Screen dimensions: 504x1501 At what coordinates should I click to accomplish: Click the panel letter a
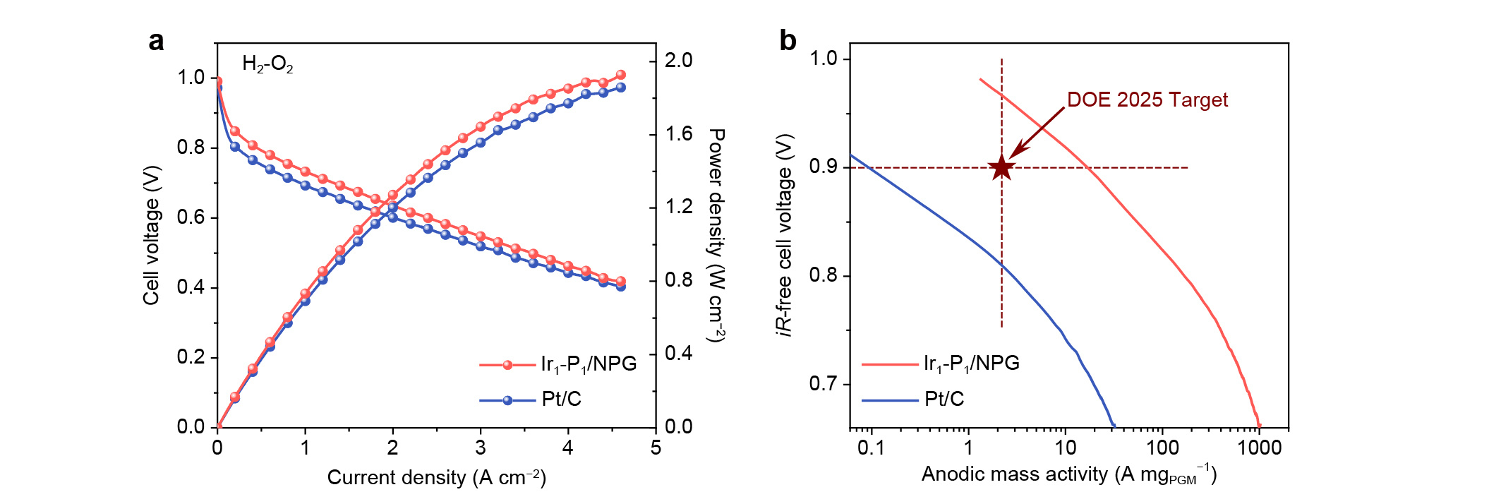coord(156,42)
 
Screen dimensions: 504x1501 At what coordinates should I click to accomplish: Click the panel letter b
coord(788,41)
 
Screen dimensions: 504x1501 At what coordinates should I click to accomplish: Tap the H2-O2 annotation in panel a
coord(267,64)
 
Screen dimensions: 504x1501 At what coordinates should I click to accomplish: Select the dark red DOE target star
coord(1001,167)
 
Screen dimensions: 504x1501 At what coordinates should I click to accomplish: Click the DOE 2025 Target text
coord(1147,100)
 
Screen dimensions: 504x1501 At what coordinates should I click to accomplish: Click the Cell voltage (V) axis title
coord(151,235)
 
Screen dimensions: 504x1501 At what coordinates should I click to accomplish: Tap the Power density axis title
coord(717,235)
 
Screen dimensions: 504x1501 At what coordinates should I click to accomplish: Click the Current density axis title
coord(436,478)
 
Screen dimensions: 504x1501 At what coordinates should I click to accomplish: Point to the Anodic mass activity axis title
coord(1068,474)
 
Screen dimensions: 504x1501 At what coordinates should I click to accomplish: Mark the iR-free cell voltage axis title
coord(785,235)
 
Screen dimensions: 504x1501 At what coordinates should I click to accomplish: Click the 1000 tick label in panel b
coord(1259,448)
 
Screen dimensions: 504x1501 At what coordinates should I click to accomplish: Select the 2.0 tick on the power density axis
coord(679,60)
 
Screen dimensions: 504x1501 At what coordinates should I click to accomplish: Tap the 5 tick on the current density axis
coord(656,448)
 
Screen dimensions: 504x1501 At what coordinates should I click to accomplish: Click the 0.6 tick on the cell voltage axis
coord(191,217)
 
